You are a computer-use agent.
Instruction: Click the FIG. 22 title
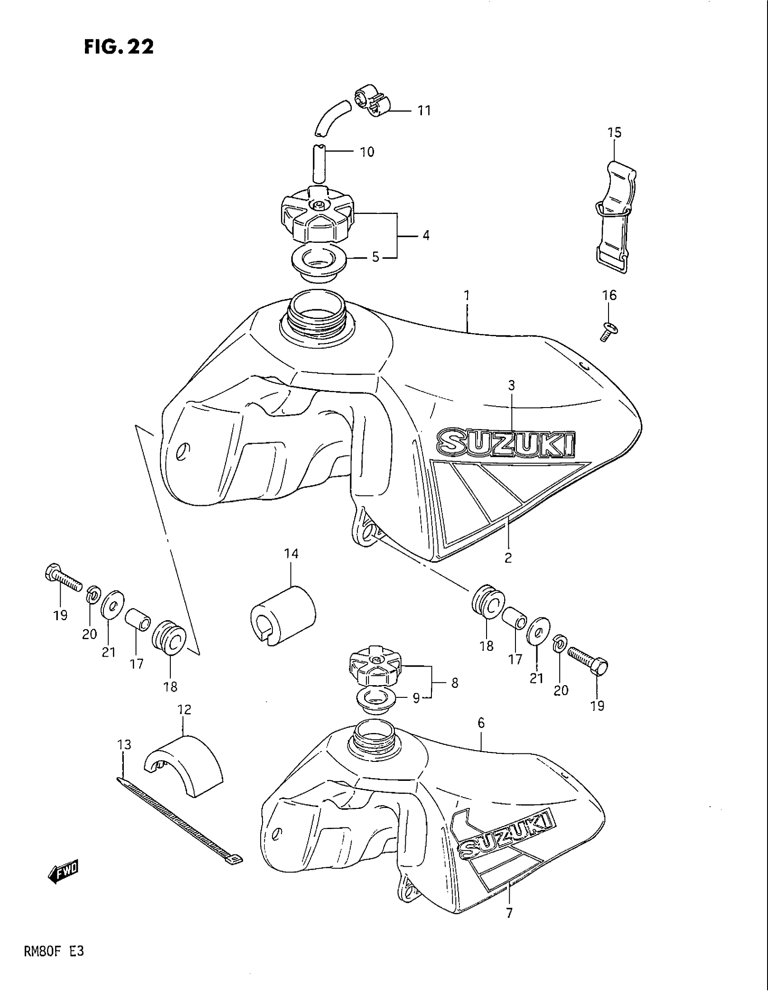click(119, 47)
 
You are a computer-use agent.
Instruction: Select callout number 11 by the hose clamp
click(424, 111)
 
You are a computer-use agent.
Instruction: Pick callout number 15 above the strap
click(614, 133)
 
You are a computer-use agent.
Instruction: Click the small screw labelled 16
click(607, 331)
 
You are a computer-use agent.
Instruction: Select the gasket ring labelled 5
click(319, 263)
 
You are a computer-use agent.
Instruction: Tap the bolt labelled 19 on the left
click(63, 575)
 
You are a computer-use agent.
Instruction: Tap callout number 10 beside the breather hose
click(367, 151)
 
